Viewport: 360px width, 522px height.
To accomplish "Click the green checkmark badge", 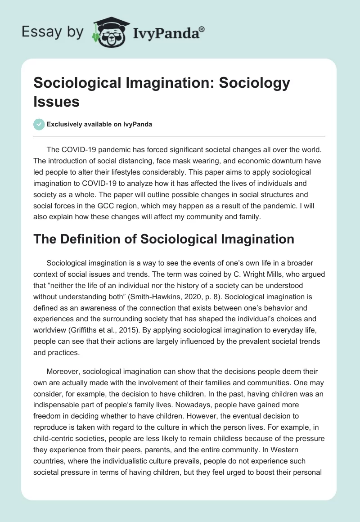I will tap(39, 124).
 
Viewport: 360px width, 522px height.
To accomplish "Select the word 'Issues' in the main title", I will tap(57, 101).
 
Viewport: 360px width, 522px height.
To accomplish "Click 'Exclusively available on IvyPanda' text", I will tap(99, 125).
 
